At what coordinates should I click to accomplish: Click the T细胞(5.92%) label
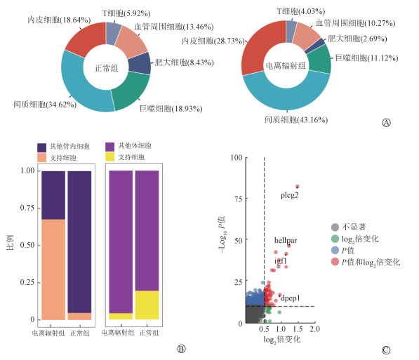(x=126, y=13)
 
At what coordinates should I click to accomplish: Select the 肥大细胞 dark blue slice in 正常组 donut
(x=140, y=63)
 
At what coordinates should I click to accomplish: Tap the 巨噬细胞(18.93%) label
(x=171, y=109)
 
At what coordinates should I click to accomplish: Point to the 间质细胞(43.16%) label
(x=296, y=119)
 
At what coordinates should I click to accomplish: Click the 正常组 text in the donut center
(x=107, y=68)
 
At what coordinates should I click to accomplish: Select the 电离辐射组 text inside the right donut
(x=286, y=66)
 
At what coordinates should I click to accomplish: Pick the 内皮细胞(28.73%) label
(x=213, y=41)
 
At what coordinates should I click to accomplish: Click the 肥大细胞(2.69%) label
(x=357, y=39)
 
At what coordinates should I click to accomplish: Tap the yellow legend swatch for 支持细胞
(x=109, y=157)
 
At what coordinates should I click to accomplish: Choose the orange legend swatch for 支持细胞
(x=41, y=157)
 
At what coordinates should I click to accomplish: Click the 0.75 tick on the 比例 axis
(x=27, y=208)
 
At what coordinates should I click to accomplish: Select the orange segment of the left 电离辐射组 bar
(x=53, y=269)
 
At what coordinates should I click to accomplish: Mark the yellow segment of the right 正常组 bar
(x=147, y=305)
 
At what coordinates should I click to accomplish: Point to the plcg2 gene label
(x=289, y=195)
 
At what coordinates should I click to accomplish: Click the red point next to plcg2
(x=298, y=186)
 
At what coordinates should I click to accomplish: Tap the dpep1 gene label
(x=291, y=298)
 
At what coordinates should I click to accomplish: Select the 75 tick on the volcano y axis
(x=239, y=199)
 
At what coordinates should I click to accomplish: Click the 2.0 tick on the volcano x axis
(x=315, y=329)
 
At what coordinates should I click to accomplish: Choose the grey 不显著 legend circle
(x=335, y=227)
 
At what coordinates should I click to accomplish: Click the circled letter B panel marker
(x=182, y=349)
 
